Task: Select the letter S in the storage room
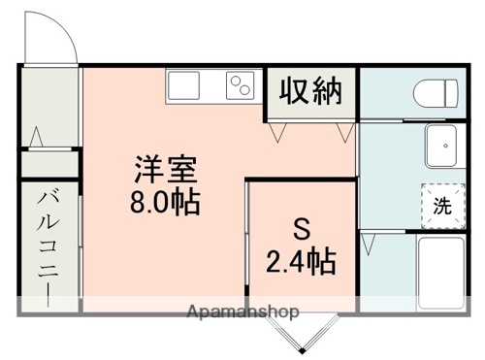click(x=301, y=231)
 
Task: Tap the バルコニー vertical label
click(x=46, y=246)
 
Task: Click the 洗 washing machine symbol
click(x=441, y=205)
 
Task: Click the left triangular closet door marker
click(x=278, y=127)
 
